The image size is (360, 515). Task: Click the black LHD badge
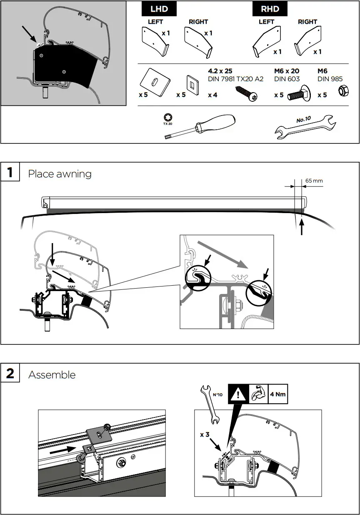pos(159,9)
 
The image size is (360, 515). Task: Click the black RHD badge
pos(270,9)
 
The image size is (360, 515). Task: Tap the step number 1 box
pos(10,172)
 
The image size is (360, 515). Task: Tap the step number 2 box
pos(10,373)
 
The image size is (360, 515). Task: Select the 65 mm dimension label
pos(314,181)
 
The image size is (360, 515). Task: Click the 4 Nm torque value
pos(277,394)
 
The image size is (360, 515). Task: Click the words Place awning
pos(60,174)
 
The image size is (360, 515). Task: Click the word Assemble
pos(52,375)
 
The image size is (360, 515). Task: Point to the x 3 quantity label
pos(205,435)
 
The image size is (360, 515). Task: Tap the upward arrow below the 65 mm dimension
pos(302,228)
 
